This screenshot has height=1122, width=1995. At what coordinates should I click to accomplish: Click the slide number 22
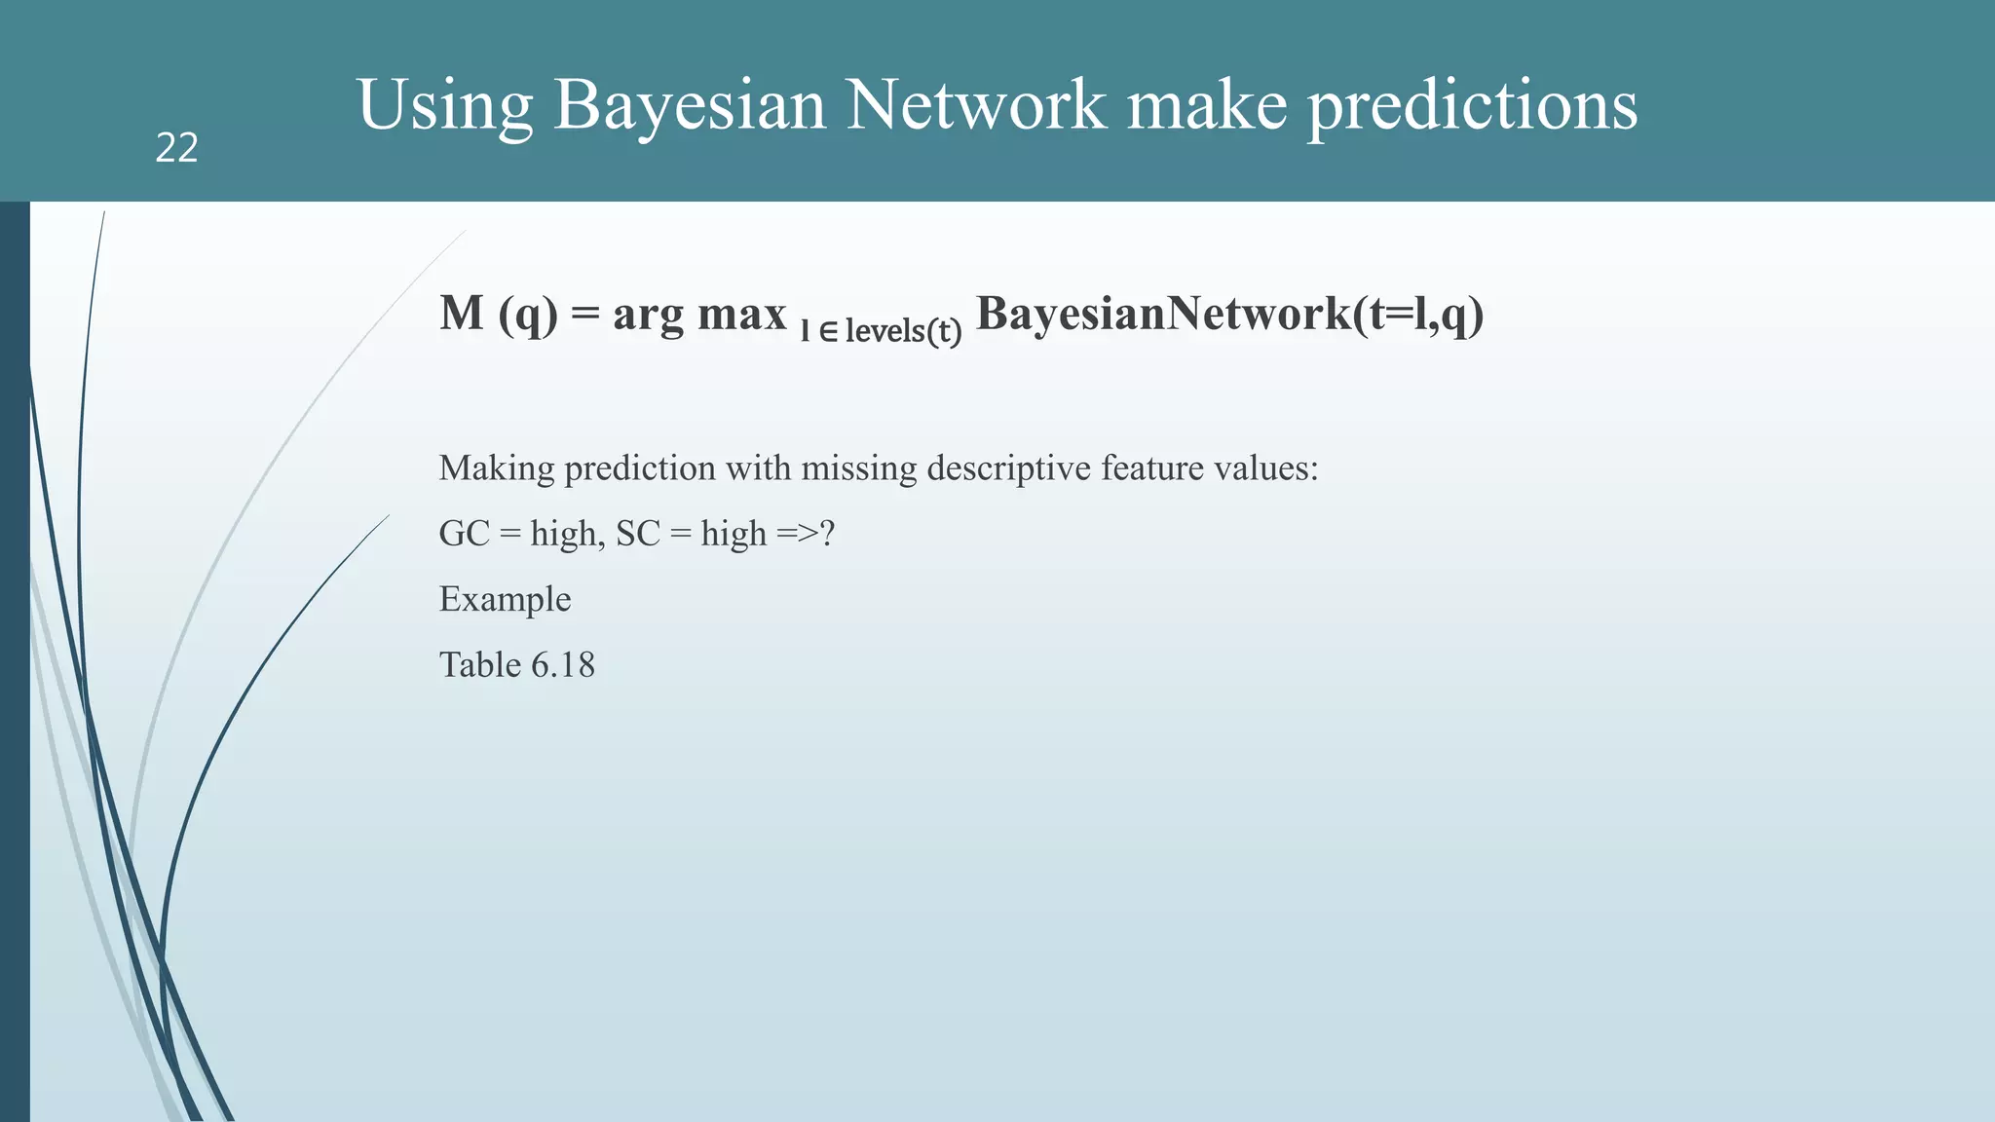coord(176,148)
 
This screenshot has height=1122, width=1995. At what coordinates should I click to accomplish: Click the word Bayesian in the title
coord(690,104)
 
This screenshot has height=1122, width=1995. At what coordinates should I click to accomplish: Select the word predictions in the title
coord(1472,104)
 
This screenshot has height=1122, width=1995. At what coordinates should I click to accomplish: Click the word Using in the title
coord(445,104)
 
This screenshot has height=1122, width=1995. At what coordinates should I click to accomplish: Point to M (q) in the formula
coord(498,314)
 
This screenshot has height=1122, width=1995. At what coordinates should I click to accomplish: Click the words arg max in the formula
coord(699,314)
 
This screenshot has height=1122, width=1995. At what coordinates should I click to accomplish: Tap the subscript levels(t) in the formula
coord(903,331)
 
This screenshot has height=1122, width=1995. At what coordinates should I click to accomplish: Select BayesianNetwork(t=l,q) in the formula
coord(1229,314)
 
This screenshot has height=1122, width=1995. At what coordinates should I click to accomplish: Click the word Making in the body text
coord(497,468)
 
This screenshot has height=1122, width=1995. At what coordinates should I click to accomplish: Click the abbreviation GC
coord(464,534)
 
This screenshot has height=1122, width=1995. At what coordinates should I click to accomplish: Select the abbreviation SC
coord(638,534)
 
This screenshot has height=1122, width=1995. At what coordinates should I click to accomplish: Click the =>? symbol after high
coord(806,534)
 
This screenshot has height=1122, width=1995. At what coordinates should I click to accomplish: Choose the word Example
coord(505,599)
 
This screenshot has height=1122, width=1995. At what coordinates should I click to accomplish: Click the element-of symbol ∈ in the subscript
coord(828,332)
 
